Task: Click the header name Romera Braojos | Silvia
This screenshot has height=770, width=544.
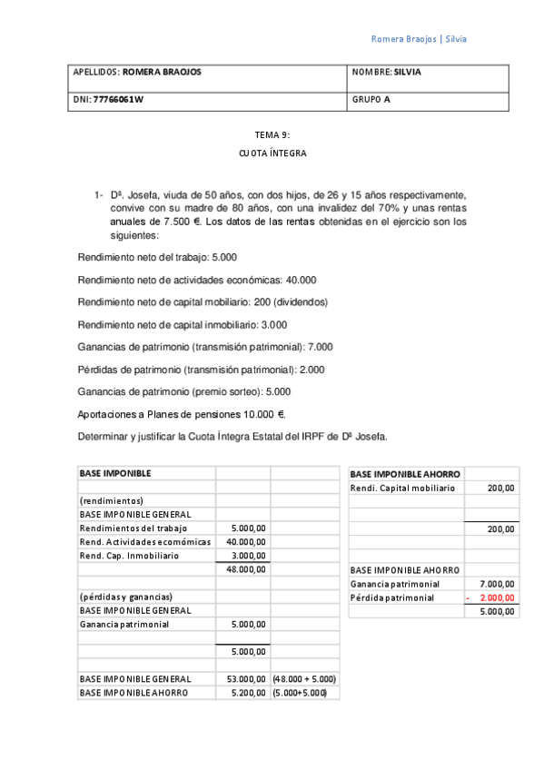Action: tap(419, 39)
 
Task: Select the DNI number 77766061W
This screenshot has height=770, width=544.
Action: tap(118, 100)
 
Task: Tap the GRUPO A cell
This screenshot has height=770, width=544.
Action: tap(371, 100)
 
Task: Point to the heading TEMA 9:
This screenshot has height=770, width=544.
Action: tap(272, 134)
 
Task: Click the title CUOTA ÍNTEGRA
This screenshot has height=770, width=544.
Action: tap(272, 153)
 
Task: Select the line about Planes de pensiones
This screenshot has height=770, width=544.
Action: tap(183, 414)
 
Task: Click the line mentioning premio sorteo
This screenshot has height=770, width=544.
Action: tap(184, 391)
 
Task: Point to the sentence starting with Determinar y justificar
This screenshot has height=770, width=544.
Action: tap(233, 436)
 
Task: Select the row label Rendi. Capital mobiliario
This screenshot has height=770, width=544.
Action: tap(402, 488)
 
